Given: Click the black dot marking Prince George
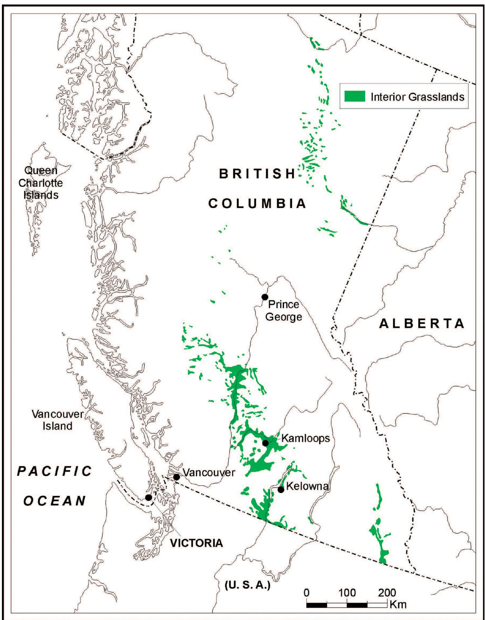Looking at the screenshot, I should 265,297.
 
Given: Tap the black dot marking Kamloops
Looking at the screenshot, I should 265,443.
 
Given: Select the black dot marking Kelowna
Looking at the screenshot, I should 281,490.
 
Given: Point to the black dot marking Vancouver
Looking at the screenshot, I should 176,477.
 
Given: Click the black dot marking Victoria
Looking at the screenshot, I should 148,497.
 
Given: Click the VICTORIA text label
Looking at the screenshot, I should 196,543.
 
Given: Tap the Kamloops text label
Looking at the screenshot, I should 306,438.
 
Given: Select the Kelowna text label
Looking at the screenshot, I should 307,486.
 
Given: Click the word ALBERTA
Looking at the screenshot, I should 422,324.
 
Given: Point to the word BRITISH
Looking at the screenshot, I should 257,174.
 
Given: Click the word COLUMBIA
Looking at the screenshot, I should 257,203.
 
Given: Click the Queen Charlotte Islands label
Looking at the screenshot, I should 41,183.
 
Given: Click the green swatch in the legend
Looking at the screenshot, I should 355,96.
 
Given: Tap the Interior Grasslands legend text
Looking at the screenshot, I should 417,97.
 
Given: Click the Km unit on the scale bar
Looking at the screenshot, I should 398,604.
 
